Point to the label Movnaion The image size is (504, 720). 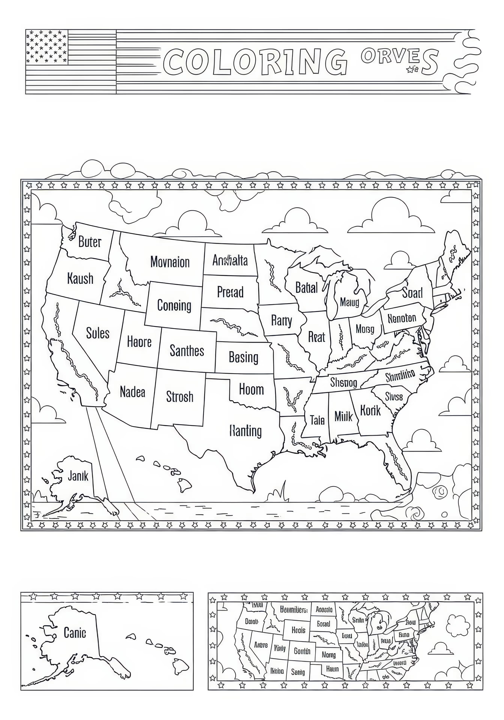click(170, 262)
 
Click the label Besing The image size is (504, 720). click(243, 357)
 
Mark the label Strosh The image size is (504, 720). click(179, 397)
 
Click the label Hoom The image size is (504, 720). click(251, 389)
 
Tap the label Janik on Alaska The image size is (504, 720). click(78, 476)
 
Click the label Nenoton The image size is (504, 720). click(402, 318)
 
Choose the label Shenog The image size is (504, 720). click(343, 382)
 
